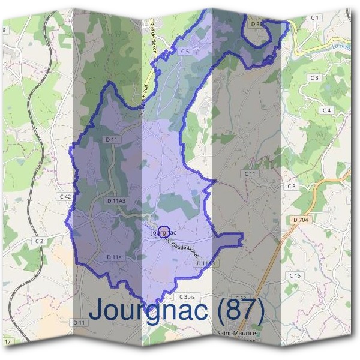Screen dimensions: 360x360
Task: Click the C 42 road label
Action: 65,196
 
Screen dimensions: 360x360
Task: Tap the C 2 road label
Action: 40,241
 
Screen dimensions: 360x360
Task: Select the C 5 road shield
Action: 185,52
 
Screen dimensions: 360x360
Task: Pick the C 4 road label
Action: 326,110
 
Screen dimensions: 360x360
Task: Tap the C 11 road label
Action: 250,173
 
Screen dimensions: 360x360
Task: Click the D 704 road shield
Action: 301,220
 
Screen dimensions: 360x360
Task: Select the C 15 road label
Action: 294,275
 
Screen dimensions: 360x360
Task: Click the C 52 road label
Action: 241,298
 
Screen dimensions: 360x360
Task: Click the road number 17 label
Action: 7,341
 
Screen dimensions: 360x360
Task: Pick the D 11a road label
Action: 114,257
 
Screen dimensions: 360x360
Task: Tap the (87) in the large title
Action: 240,310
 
